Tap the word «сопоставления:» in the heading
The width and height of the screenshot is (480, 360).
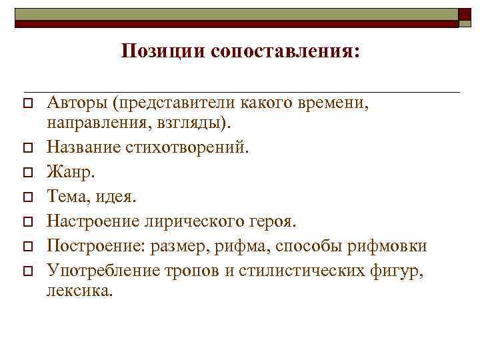[285, 51]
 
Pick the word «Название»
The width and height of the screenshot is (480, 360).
[83, 147]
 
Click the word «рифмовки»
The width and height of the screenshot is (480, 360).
[393, 246]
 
